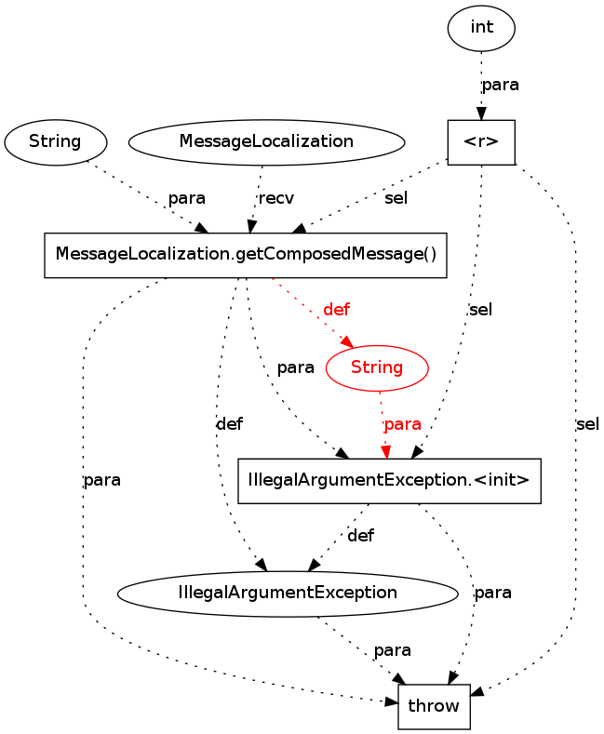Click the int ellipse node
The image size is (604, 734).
481,28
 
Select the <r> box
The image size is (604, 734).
481,142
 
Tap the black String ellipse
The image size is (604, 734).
56,142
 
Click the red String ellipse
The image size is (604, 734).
377,368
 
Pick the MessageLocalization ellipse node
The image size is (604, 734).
266,142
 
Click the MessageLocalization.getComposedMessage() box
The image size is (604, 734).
246,255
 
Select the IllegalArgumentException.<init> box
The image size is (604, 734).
390,481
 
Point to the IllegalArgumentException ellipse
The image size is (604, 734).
288,594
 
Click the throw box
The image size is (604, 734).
434,707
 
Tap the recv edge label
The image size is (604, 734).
276,198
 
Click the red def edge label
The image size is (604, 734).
337,310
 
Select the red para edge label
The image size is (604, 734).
403,424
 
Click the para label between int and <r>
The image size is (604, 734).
501,86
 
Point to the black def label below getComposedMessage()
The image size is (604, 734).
230,424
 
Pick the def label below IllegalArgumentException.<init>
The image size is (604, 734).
361,536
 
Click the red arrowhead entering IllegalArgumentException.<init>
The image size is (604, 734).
386,453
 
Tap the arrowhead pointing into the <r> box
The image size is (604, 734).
481,113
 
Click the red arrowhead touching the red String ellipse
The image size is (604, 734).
347,342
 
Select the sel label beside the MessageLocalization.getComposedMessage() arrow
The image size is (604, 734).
396,198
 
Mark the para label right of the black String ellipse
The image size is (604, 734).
187,199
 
